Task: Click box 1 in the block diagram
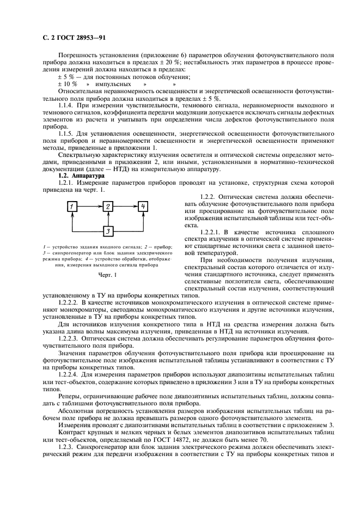72,206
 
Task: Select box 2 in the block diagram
108,206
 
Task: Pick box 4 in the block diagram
143,206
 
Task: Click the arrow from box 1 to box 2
90,206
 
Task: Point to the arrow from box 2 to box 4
125,206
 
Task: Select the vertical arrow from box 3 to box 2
108,219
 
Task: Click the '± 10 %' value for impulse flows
67,84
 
